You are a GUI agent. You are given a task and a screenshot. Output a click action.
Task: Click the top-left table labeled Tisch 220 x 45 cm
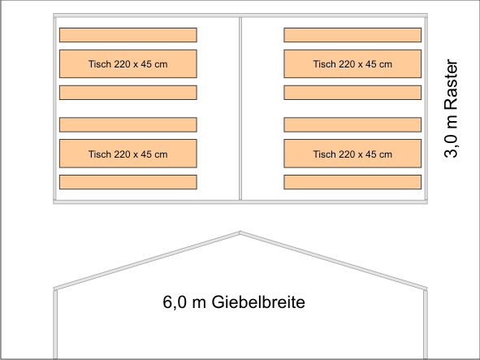pyautogui.click(x=128, y=63)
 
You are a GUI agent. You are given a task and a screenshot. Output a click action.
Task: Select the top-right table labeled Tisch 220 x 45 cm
pyautogui.click(x=352, y=63)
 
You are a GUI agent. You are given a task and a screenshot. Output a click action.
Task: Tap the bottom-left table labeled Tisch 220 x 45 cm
pyautogui.click(x=128, y=154)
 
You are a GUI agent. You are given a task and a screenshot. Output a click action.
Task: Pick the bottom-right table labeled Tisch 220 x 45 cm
pyautogui.click(x=352, y=154)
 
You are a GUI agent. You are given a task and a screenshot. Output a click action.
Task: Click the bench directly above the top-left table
pyautogui.click(x=128, y=35)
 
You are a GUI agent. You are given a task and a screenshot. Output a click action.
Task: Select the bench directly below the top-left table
pyautogui.click(x=128, y=93)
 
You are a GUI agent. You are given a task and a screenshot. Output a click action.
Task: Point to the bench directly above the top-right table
pyautogui.click(x=352, y=35)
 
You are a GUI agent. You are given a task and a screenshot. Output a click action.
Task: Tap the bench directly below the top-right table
pyautogui.click(x=352, y=93)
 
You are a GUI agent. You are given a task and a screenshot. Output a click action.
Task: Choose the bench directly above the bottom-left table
pyautogui.click(x=128, y=124)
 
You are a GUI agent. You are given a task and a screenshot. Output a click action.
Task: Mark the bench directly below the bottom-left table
pyautogui.click(x=128, y=182)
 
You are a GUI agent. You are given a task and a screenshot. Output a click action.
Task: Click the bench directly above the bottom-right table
pyautogui.click(x=352, y=124)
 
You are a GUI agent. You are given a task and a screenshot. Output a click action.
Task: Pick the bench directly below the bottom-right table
pyautogui.click(x=352, y=182)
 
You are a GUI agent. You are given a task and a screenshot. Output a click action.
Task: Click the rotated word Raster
pyautogui.click(x=451, y=85)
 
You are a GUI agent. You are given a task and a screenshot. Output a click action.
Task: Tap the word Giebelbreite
pyautogui.click(x=258, y=302)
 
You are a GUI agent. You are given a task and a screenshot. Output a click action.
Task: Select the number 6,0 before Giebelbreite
pyautogui.click(x=175, y=302)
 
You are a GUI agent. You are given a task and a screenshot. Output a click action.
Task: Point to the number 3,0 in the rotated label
pyautogui.click(x=452, y=146)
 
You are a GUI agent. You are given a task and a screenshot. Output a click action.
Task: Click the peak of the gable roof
pyautogui.click(x=240, y=232)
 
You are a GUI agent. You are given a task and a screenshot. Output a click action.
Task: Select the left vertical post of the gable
pyautogui.click(x=55, y=324)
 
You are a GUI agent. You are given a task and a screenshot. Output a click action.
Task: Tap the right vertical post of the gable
pyautogui.click(x=426, y=324)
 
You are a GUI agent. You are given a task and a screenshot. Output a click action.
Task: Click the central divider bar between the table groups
pyautogui.click(x=240, y=109)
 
